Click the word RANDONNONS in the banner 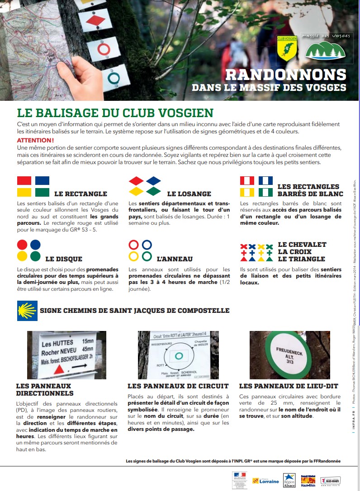285,75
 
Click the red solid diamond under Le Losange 136,181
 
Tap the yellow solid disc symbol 23,256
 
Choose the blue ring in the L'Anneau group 146,245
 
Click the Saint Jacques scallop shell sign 27,311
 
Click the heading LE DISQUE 64,259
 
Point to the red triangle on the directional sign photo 57,370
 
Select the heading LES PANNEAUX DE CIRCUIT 178,386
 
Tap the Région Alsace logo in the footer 289,480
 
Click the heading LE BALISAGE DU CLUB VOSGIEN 115,113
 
